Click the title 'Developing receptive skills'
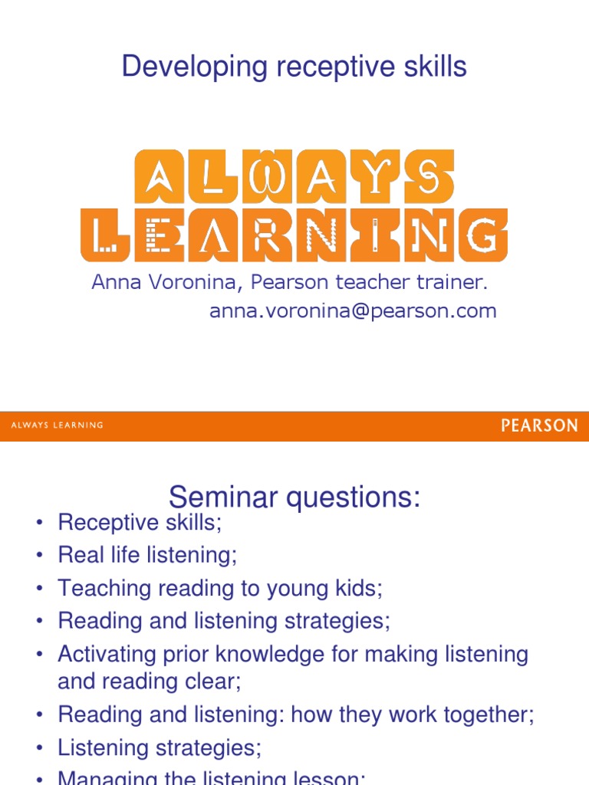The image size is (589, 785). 294,67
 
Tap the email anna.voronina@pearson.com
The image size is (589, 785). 353,310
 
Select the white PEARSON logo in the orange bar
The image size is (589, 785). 539,425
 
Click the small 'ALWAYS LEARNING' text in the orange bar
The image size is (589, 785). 58,425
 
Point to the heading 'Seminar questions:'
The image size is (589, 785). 294,498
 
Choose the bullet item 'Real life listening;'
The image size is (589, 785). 147,555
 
